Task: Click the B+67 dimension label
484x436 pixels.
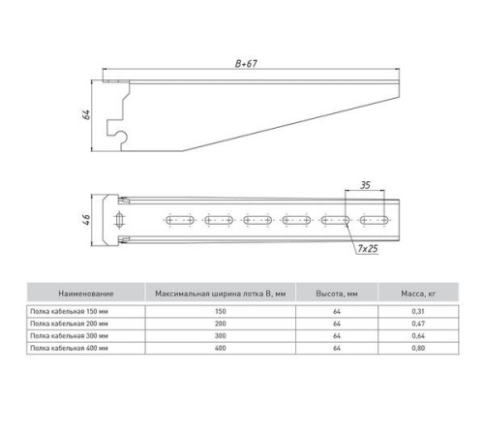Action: (x=246, y=64)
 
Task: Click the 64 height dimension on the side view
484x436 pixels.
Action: (x=86, y=114)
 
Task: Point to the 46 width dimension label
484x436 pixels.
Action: (x=86, y=219)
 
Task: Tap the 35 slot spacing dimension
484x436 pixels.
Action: (x=365, y=185)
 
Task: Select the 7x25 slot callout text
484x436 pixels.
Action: (x=368, y=248)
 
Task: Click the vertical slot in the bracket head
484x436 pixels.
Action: (x=119, y=220)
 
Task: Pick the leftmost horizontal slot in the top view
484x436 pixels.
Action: (x=180, y=220)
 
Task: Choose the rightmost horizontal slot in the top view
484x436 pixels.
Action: (x=375, y=220)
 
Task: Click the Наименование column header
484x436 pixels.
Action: (x=86, y=294)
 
